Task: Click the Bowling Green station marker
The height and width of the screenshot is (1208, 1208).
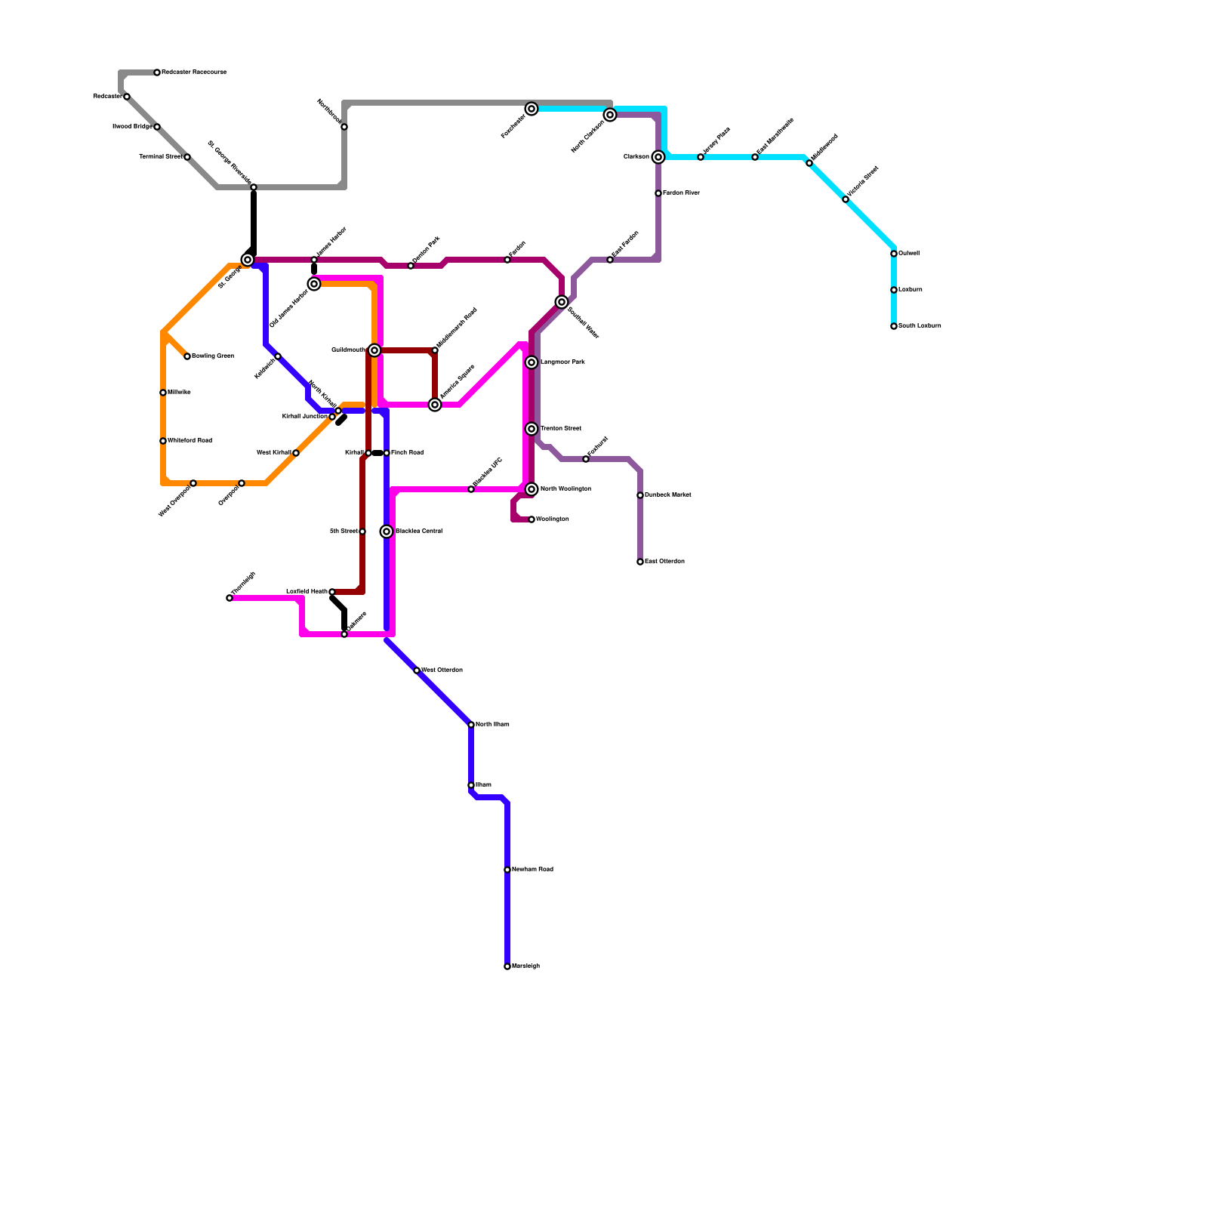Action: point(187,356)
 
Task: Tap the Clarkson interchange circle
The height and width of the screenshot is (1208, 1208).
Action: point(658,157)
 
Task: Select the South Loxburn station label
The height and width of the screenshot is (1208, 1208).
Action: point(920,326)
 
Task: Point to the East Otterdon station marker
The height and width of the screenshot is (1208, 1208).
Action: point(640,562)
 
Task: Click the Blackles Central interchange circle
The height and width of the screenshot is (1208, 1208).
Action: point(387,532)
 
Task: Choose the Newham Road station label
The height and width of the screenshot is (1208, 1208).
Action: point(532,870)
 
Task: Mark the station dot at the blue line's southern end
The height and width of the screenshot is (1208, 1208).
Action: point(507,966)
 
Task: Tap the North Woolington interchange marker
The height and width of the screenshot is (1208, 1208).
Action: point(532,489)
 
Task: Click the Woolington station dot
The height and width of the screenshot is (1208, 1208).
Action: point(532,519)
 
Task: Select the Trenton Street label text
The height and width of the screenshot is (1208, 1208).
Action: point(561,429)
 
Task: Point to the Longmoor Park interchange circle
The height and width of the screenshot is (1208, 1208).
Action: point(532,362)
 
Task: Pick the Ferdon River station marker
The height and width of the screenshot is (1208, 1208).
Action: point(658,193)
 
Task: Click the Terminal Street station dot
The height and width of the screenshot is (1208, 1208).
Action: point(187,157)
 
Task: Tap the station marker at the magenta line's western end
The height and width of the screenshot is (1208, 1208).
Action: point(230,598)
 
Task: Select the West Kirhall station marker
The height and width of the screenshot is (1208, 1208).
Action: point(296,453)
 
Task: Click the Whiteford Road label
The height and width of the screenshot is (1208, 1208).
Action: point(190,441)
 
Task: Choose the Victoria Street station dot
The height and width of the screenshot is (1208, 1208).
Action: point(846,199)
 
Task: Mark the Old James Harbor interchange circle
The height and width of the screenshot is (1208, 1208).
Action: point(314,284)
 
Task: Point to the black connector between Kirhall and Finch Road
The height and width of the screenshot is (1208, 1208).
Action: point(377,453)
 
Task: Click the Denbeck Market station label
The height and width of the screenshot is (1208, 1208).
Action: point(667,495)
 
